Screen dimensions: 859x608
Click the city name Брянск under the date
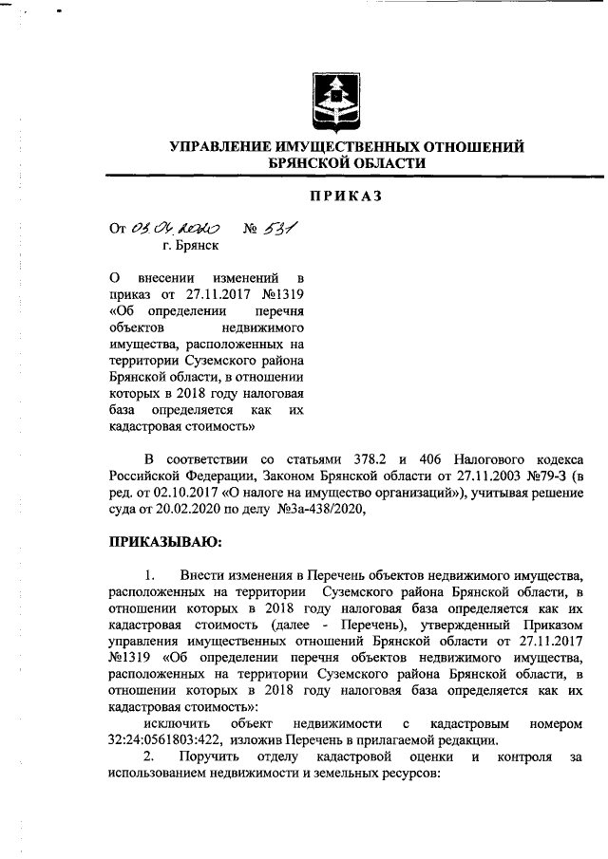click(190, 245)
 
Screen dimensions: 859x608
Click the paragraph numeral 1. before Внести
click(150, 575)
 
